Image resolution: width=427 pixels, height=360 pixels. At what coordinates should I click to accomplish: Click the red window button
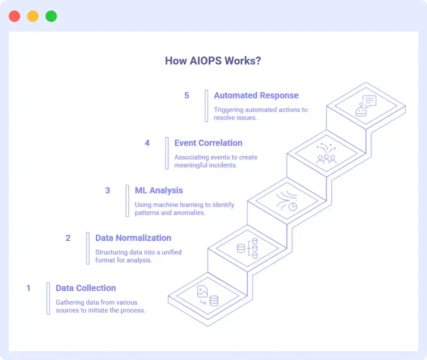coord(14,17)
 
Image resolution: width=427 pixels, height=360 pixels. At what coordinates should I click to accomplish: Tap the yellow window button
coord(33,17)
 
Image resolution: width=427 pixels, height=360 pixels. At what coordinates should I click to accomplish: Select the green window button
coord(51,17)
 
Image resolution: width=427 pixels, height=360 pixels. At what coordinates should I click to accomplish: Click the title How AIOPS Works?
coord(213,60)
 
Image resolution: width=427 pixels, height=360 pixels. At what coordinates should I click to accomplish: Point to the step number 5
coord(187,95)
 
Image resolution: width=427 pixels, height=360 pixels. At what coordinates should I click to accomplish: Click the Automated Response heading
coord(256,95)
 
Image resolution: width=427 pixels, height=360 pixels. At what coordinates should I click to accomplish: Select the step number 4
coord(147,143)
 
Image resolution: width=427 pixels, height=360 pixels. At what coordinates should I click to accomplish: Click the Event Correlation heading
coord(208,143)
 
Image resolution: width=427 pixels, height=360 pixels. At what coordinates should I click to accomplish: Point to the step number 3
coord(108,191)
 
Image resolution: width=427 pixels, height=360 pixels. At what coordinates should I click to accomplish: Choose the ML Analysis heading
coord(159,191)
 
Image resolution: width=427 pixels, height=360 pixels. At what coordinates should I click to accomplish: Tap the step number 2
coord(68,238)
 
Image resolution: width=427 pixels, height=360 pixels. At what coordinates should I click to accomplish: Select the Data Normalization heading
coord(133,238)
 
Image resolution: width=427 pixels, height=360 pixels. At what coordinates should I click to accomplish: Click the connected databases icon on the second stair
coord(248,248)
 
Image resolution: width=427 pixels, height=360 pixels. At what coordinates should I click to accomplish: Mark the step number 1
coord(29,288)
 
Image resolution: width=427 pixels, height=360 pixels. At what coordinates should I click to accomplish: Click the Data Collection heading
coord(86,288)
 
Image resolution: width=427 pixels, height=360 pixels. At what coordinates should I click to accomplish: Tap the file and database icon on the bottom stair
coord(207,296)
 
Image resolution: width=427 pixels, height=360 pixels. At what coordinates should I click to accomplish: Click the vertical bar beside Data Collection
coord(49,298)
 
